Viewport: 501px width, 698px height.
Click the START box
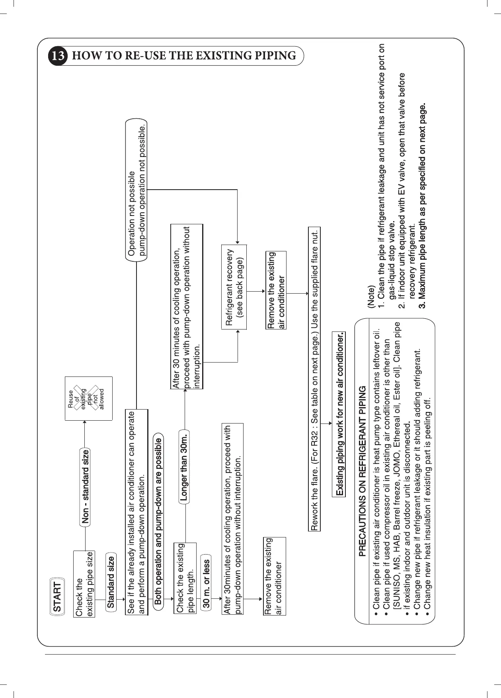point(57,597)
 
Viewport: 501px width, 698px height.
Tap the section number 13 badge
point(58,56)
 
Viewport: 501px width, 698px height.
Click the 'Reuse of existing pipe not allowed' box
point(89,399)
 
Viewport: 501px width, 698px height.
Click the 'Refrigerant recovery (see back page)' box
point(234,287)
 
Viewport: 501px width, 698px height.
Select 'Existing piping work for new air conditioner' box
point(339,414)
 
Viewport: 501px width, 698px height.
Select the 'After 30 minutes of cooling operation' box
point(187,306)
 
